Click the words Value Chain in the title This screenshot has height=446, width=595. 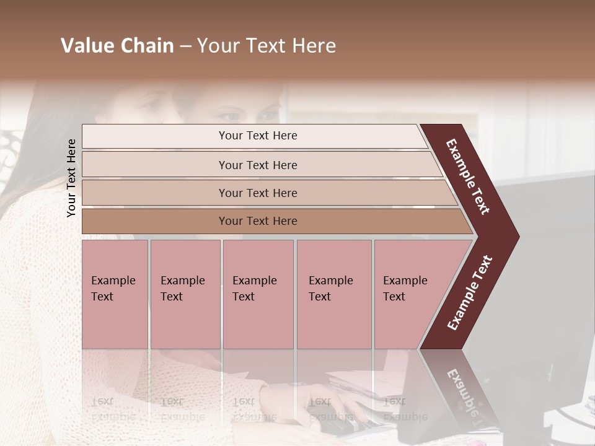(117, 46)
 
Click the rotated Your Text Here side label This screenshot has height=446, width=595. (71, 178)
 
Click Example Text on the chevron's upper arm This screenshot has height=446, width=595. (468, 177)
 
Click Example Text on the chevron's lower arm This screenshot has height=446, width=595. (469, 293)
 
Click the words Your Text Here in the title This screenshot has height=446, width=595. (267, 46)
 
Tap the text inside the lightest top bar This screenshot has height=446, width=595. (258, 136)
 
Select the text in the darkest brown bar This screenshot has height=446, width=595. (258, 221)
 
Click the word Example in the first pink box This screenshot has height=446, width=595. (113, 281)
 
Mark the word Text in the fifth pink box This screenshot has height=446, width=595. (394, 297)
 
